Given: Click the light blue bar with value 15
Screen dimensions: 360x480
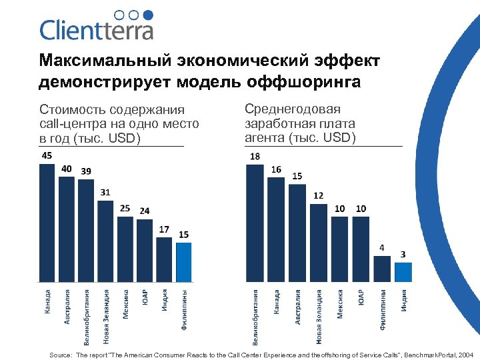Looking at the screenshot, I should pyautogui.click(x=183, y=262).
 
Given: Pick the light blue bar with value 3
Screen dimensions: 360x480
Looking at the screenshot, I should pyautogui.click(x=403, y=272).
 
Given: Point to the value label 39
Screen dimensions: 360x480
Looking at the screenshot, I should pyautogui.click(x=86, y=171).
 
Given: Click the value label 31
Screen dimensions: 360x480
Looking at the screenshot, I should pyautogui.click(x=105, y=192).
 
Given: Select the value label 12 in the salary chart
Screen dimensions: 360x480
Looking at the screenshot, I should pyautogui.click(x=318, y=195).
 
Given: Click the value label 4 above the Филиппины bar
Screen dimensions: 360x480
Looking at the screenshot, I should pyautogui.click(x=381, y=247).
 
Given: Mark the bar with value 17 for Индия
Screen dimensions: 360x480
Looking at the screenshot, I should pyautogui.click(x=164, y=259).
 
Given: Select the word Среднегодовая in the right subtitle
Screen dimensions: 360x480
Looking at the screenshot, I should pyautogui.click(x=293, y=109).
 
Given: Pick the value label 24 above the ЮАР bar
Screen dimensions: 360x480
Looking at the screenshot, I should pyautogui.click(x=145, y=211).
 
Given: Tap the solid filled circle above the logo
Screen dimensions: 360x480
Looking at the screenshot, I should pyautogui.click(x=149, y=15).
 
